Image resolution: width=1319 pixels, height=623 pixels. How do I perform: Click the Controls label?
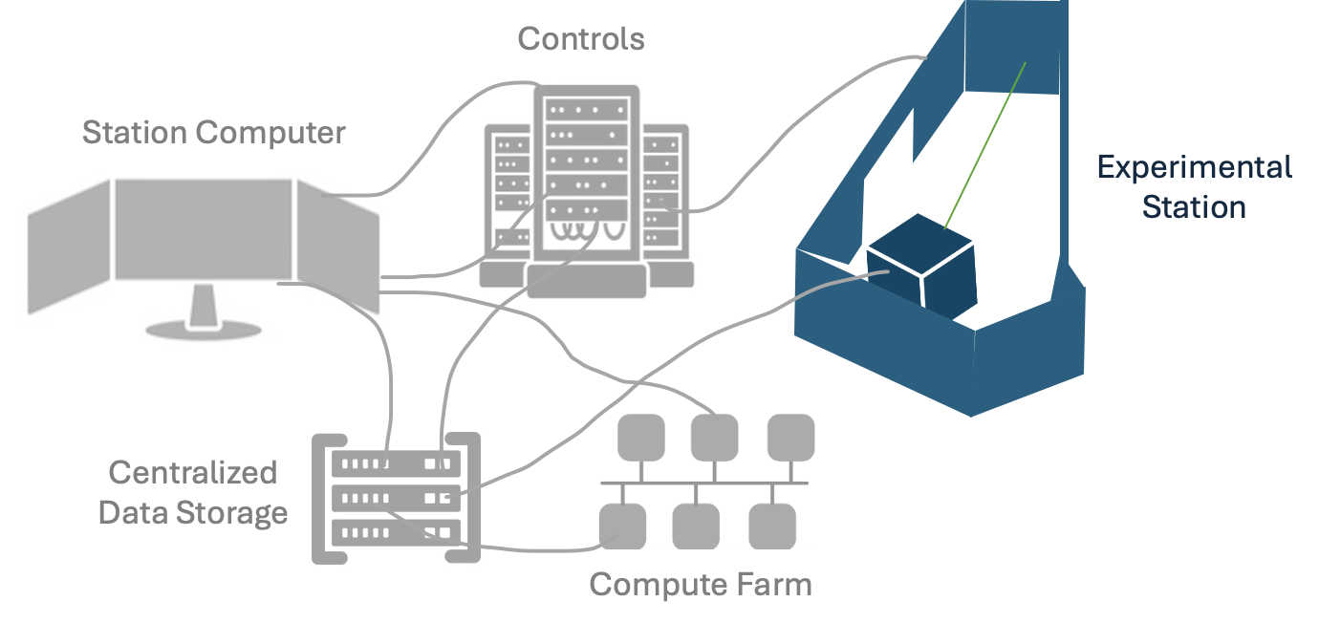pyautogui.click(x=581, y=39)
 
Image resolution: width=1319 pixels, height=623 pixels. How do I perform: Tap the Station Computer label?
pyautogui.click(x=213, y=132)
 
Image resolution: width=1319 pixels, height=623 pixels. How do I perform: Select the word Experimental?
pyautogui.click(x=1194, y=167)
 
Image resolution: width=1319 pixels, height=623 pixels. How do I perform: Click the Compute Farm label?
pyautogui.click(x=700, y=584)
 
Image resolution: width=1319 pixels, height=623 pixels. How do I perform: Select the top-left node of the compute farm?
pyautogui.click(x=641, y=437)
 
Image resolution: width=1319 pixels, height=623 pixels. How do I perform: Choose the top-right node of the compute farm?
pyautogui.click(x=791, y=437)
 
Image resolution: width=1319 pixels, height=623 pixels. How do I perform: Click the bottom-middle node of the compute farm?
pyautogui.click(x=696, y=526)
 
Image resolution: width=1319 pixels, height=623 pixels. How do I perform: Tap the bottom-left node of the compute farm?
pyautogui.click(x=622, y=526)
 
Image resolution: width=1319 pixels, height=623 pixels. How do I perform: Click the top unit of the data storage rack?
pyautogui.click(x=395, y=463)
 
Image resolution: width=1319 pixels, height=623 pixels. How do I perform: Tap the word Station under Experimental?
pyautogui.click(x=1194, y=206)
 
